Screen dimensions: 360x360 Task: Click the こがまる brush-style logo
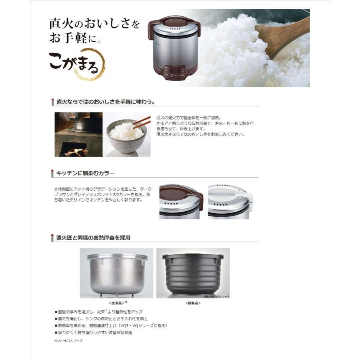[x=76, y=62]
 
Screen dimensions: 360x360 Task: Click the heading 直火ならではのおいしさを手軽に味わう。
[x=106, y=102]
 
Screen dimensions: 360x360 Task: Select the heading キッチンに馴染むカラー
[x=86, y=173]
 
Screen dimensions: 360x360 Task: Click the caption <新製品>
[x=192, y=303]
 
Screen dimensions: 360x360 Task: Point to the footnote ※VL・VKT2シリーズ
[x=68, y=340]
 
